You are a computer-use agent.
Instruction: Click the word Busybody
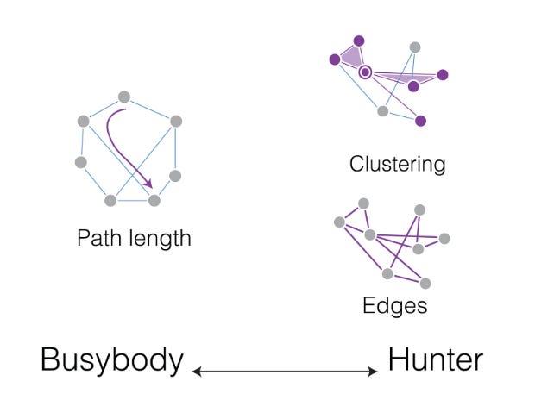coord(111,359)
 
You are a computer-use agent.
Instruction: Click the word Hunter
coord(434,359)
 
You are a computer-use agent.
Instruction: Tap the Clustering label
coord(397,164)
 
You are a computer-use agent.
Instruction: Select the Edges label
coord(396,305)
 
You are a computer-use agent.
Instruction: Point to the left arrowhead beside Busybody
coord(197,372)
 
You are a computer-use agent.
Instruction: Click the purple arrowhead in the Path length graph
coord(148,184)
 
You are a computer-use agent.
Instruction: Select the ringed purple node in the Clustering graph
coord(366,72)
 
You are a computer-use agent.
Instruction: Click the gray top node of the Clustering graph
coord(415,47)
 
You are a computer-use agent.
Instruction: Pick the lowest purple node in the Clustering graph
coord(420,121)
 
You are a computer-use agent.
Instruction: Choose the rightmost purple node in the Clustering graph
coord(443,75)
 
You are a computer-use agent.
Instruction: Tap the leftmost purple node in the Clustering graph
coord(334,59)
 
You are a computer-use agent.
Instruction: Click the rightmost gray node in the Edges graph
coord(444,239)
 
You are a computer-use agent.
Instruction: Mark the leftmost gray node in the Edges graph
coord(339,222)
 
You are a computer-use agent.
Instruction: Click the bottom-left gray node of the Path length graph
coord(110,200)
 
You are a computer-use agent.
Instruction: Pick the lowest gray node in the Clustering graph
coord(383,110)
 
